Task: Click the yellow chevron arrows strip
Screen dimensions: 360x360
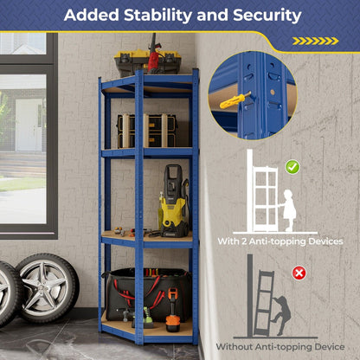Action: [314, 41]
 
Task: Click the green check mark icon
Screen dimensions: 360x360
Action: [292, 166]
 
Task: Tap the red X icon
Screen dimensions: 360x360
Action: [299, 273]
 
